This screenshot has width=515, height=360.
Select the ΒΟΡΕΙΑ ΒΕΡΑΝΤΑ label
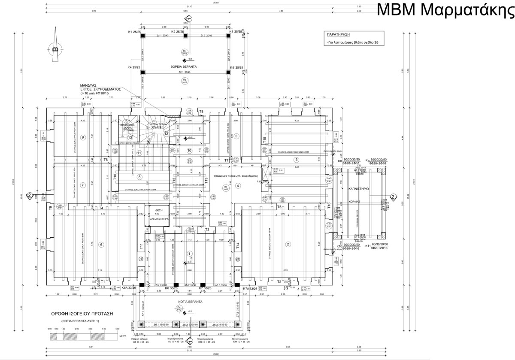tap(185, 68)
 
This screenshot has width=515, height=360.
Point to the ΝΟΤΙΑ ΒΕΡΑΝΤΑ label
tap(191, 302)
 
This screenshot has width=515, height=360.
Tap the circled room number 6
tap(101, 245)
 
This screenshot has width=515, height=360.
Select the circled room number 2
tap(288, 245)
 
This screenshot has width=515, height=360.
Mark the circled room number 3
tap(296, 160)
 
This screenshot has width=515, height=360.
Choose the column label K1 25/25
tap(134, 32)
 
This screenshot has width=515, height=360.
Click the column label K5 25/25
tap(237, 68)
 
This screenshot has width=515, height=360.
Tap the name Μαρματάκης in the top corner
tap(469, 9)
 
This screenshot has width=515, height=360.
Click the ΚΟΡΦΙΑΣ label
tap(354, 201)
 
